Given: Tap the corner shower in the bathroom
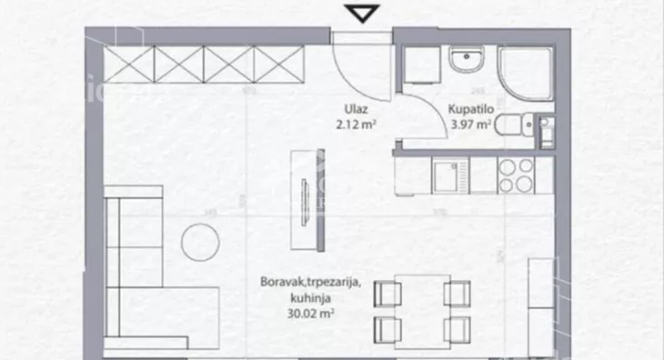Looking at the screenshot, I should tap(525, 69).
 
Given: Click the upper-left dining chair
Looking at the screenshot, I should tap(388, 293).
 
